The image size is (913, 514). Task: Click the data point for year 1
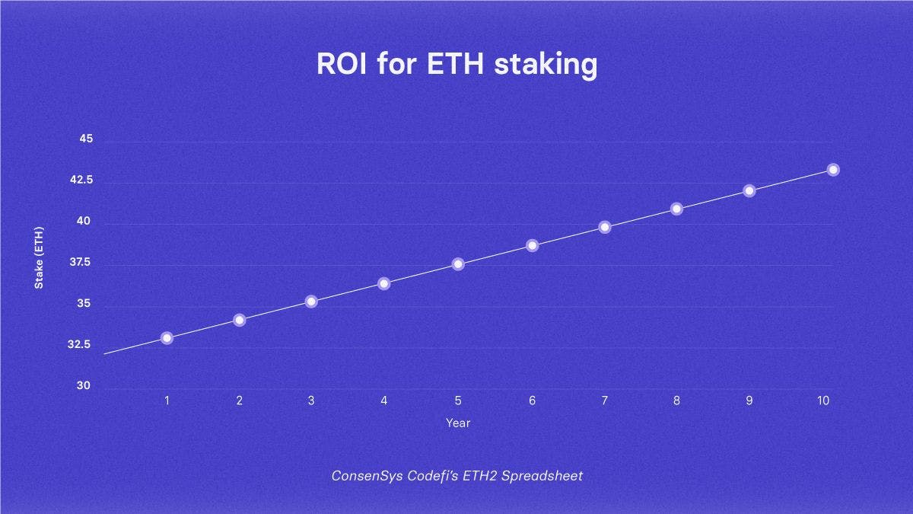click(167, 337)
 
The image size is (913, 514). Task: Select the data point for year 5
click(458, 263)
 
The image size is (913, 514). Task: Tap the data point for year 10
click(833, 169)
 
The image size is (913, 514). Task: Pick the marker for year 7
click(605, 227)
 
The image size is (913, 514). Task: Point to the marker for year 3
click(311, 301)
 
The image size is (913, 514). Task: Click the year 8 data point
click(676, 209)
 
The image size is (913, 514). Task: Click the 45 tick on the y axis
click(84, 139)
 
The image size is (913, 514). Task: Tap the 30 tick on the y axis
click(84, 385)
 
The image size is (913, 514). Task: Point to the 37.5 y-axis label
click(80, 263)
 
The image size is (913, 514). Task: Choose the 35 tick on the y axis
click(84, 304)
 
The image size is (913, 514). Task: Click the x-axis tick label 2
click(239, 400)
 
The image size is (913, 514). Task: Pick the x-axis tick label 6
click(532, 400)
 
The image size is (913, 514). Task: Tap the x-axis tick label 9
click(749, 400)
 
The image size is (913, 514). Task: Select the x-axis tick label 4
click(383, 400)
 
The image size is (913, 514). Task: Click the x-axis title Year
click(458, 423)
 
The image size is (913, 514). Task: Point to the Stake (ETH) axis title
click(39, 257)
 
